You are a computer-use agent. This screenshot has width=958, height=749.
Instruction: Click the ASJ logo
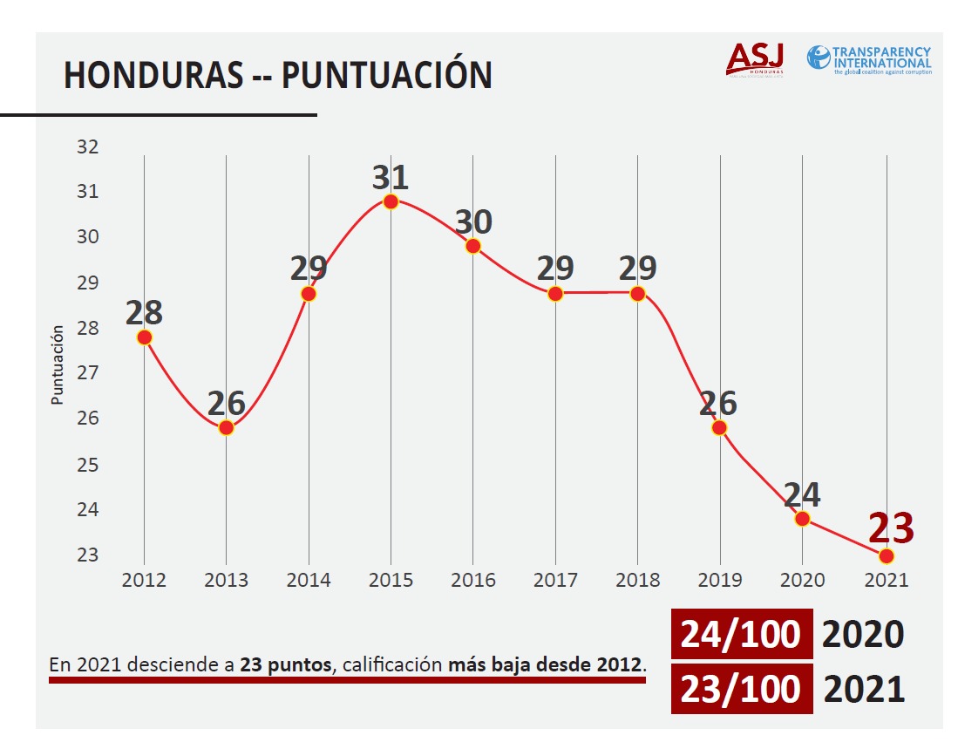(x=755, y=59)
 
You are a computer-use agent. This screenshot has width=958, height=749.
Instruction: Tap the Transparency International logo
(x=869, y=59)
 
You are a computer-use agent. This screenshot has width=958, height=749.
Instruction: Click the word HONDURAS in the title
(x=153, y=76)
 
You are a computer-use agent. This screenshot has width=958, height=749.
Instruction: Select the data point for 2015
(x=391, y=201)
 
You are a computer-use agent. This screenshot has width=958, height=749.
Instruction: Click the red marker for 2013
(x=227, y=427)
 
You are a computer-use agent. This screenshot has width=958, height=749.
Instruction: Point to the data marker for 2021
(x=887, y=556)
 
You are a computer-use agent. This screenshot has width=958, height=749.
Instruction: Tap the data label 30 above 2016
(x=472, y=221)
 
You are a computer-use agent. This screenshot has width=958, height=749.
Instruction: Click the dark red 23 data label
(x=891, y=528)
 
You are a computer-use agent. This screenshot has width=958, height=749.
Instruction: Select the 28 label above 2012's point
(x=144, y=312)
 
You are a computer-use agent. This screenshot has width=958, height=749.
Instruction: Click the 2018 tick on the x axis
(x=637, y=581)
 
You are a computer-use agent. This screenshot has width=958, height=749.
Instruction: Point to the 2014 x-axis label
(x=309, y=581)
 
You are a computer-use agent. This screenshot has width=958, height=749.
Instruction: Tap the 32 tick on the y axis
(x=88, y=146)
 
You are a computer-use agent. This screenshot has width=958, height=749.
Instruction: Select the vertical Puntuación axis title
(x=58, y=364)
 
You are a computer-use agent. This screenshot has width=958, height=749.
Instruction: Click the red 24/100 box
(x=741, y=634)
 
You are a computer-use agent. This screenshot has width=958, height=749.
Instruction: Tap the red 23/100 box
(x=741, y=689)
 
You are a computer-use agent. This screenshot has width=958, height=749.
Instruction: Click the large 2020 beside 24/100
(x=863, y=635)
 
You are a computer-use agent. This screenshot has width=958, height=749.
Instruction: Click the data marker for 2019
(x=719, y=427)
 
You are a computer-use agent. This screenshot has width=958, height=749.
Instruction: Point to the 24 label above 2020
(x=801, y=494)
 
